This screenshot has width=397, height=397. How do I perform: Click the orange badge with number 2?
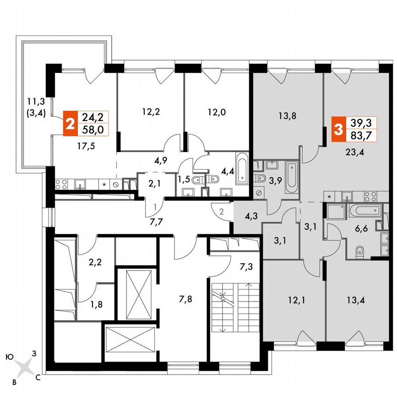pos(70,123)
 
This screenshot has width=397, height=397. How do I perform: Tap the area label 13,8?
pos(287,116)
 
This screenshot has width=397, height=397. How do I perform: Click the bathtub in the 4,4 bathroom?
pos(243,169)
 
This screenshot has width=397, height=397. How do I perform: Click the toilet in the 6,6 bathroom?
pos(361,251)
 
